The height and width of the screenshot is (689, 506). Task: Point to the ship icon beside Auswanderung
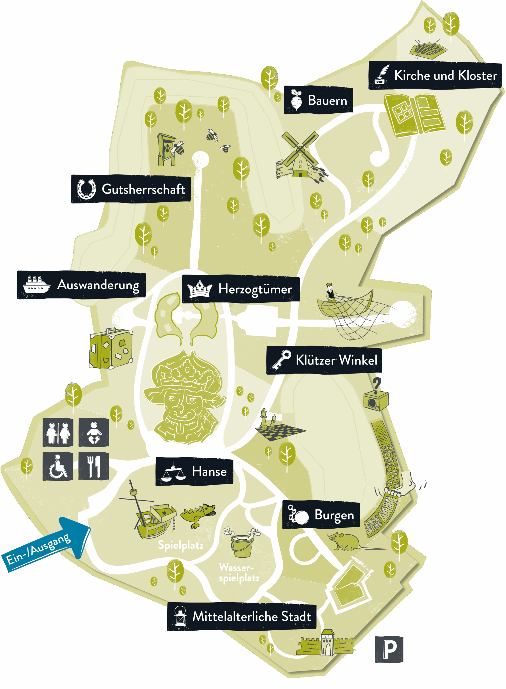click(x=36, y=285)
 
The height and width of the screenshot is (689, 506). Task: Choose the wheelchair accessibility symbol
click(x=58, y=466)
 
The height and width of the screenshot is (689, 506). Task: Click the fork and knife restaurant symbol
click(x=94, y=466)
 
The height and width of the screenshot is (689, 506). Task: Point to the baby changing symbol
click(x=94, y=432)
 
